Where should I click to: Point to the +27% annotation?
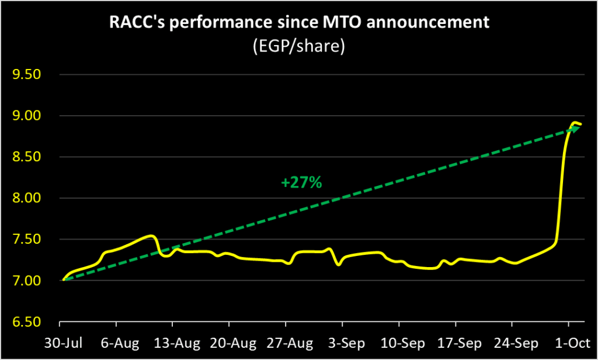click(x=301, y=183)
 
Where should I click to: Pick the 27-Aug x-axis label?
click(x=285, y=342)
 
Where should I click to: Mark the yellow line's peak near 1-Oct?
click(x=575, y=123)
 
